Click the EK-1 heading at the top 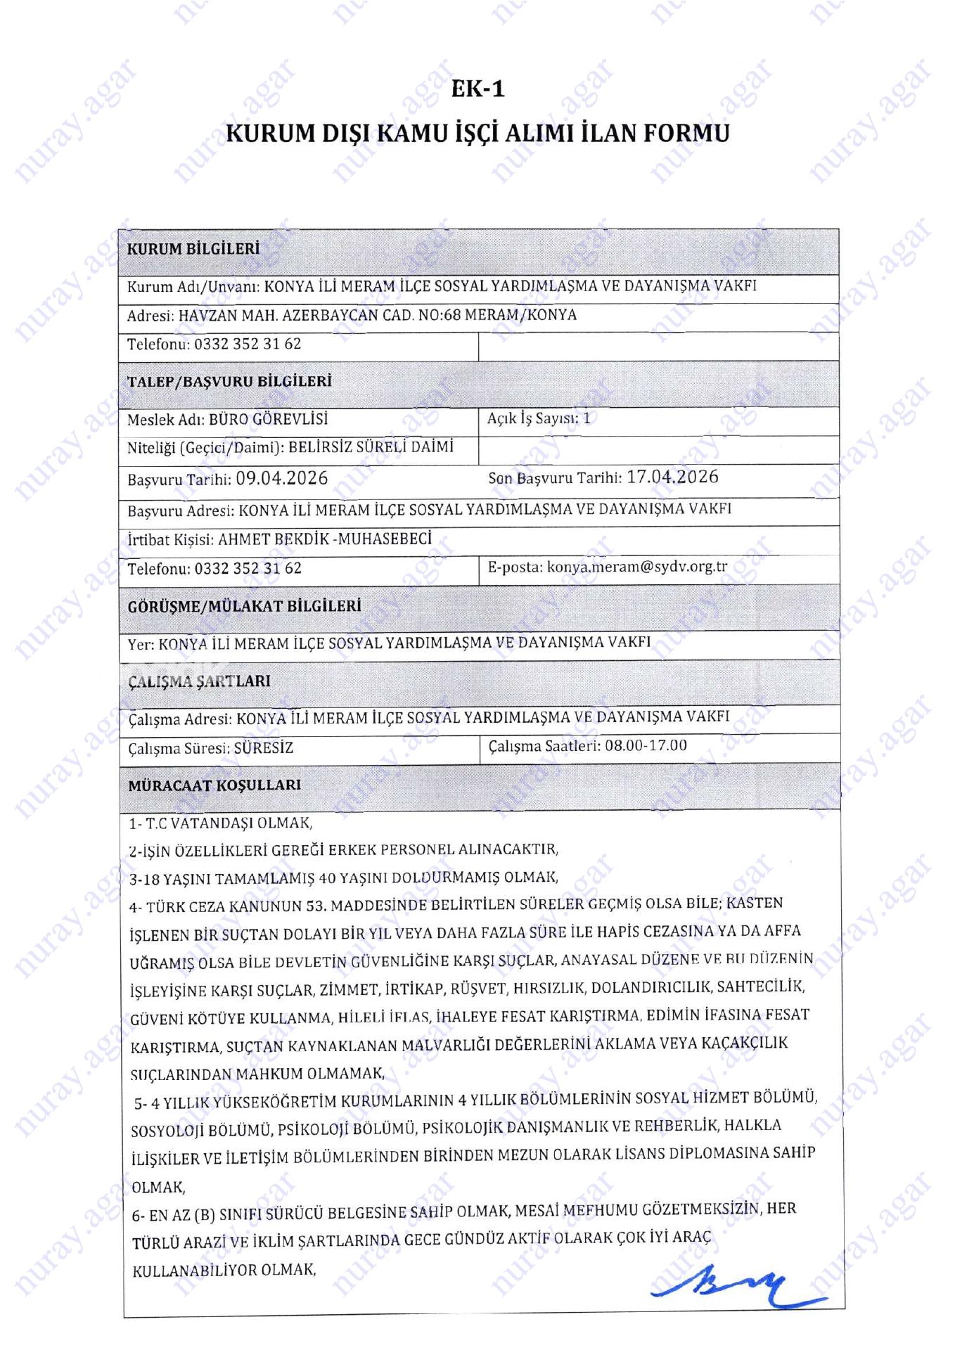tap(478, 89)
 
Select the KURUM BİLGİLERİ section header tap(193, 249)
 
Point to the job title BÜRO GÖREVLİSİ tap(268, 420)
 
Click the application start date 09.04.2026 tap(282, 479)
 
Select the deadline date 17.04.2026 tap(672, 477)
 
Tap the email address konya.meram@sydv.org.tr tap(637, 567)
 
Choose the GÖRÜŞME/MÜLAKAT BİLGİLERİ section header tap(244, 606)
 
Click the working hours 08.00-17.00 tap(646, 745)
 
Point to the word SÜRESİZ tap(264, 748)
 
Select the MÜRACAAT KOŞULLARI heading tap(214, 785)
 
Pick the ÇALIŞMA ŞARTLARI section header tap(199, 681)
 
